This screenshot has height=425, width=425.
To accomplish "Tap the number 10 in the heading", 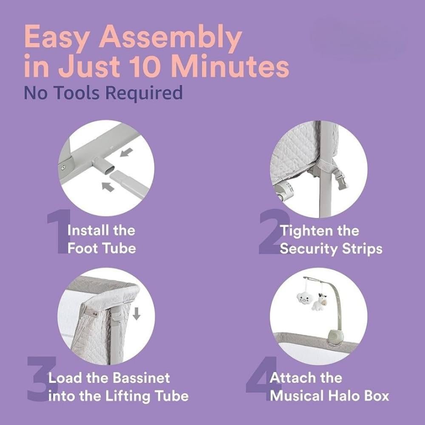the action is point(145,67).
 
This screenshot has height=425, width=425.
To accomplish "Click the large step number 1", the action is point(57,233).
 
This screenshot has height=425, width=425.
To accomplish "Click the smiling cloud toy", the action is point(305,299).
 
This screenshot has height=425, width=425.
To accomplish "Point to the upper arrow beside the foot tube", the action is point(127,152).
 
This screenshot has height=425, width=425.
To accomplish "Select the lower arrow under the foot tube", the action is point(108,187).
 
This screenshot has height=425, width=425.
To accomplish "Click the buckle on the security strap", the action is point(342,181).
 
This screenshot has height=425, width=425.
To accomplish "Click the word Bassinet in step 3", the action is point(141,378).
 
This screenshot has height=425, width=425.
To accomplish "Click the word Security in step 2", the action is point(309,249).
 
